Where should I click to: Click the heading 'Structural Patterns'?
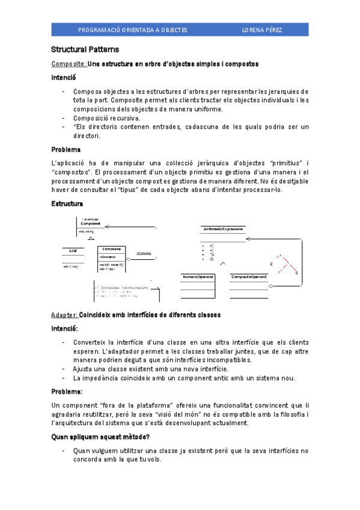pyautogui.click(x=85, y=49)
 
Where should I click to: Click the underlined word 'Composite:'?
pyautogui.click(x=69, y=63)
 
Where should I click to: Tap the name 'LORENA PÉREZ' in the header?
pyautogui.click(x=261, y=29)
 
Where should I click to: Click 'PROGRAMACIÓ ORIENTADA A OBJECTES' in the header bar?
pyautogui.click(x=133, y=29)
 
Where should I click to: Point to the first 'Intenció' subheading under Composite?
pyautogui.click(x=64, y=78)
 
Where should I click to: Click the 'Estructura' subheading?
pyautogui.click(x=67, y=204)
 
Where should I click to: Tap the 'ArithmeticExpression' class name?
pyautogui.click(x=223, y=230)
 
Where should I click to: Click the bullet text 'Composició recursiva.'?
pyautogui.click(x=106, y=118)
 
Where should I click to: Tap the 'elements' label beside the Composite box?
pyautogui.click(x=143, y=253)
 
